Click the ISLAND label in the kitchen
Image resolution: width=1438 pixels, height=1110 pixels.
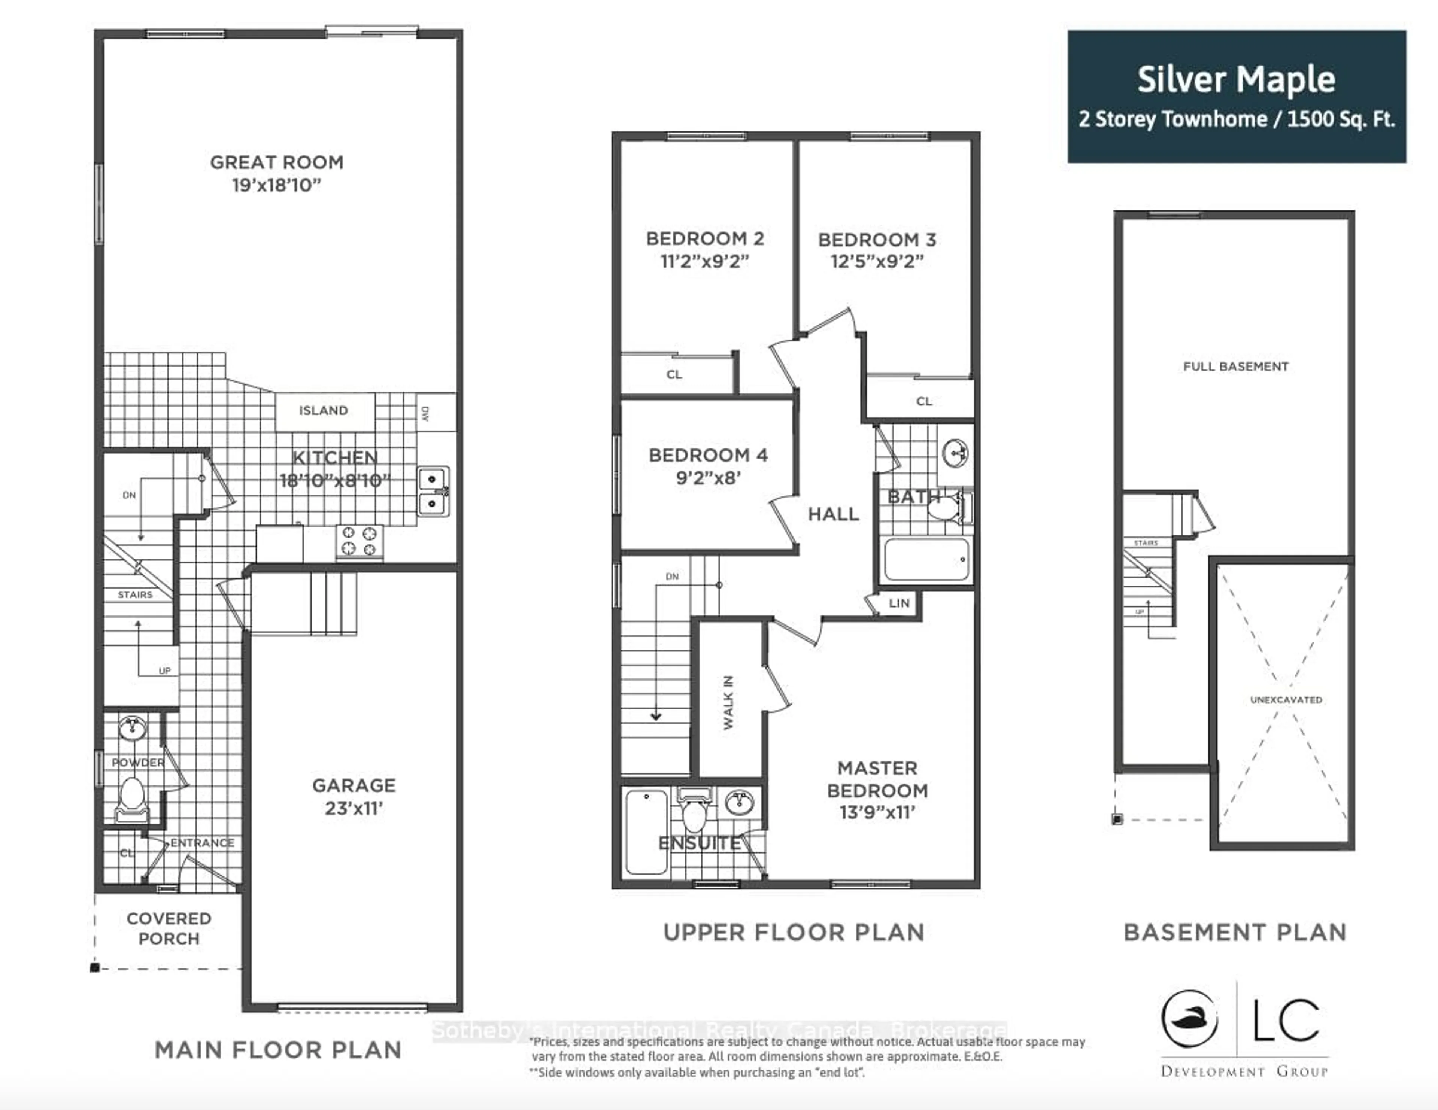click(x=323, y=411)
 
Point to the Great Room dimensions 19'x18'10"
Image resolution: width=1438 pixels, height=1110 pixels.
click(x=276, y=185)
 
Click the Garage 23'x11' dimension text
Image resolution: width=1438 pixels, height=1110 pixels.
click(x=354, y=808)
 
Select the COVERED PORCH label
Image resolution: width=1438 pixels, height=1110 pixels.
click(x=169, y=928)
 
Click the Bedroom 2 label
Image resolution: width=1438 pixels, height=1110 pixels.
click(x=704, y=238)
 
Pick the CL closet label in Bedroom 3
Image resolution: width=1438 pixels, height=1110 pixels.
click(x=924, y=401)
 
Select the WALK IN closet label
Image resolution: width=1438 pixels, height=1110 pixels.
click(x=728, y=702)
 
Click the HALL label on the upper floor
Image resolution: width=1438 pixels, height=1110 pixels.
click(x=833, y=514)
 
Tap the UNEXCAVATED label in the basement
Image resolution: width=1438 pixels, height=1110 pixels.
click(x=1285, y=700)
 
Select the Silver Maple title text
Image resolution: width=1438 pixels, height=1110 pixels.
click(x=1236, y=80)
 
